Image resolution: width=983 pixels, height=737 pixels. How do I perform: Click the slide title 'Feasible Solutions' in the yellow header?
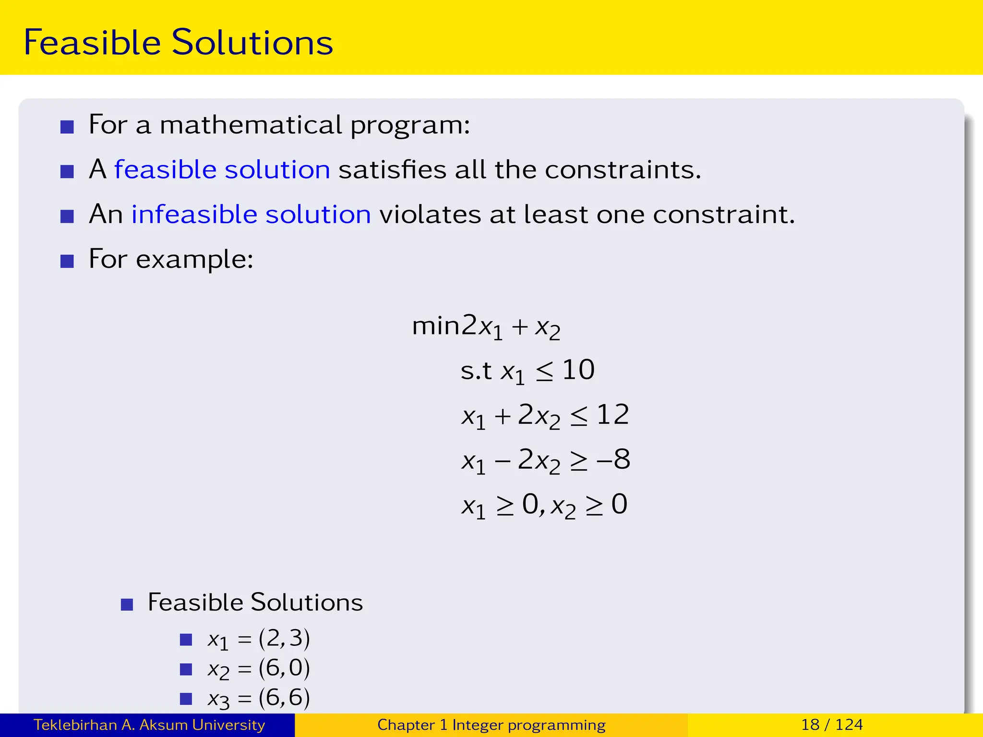(178, 42)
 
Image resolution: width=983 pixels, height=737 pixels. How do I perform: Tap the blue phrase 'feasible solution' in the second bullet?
(222, 170)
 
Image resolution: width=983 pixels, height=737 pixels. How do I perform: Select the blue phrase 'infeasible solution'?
(251, 214)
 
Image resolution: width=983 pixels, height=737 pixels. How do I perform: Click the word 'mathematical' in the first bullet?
(251, 125)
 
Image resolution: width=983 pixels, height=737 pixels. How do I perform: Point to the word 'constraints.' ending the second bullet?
(623, 170)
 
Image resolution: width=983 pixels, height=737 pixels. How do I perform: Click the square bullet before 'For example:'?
(67, 261)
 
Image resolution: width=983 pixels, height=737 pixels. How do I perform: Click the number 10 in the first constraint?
(578, 370)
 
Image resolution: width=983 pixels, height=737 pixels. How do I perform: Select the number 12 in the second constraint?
(612, 415)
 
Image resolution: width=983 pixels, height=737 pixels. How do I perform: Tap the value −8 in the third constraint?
(613, 460)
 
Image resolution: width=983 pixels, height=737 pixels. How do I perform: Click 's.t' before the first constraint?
(476, 370)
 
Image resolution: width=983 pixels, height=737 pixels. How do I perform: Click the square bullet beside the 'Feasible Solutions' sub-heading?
(127, 604)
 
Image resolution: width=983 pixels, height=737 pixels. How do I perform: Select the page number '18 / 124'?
(832, 725)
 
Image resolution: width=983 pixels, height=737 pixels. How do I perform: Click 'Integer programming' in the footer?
(528, 725)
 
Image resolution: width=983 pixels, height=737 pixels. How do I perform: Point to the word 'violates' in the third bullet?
(430, 214)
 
